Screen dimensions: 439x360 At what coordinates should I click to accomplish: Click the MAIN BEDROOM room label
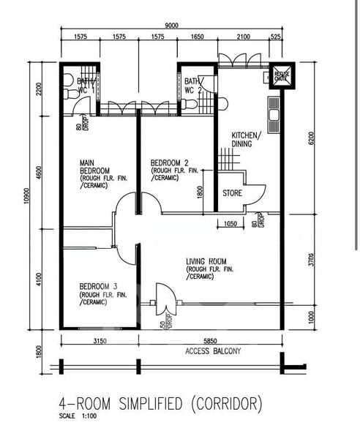(96, 168)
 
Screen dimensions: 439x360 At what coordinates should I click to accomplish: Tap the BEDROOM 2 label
(170, 162)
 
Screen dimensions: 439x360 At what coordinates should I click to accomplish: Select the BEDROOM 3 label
(99, 286)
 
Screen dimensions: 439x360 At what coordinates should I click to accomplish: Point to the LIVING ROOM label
(206, 261)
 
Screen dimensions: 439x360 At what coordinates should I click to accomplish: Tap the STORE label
(233, 194)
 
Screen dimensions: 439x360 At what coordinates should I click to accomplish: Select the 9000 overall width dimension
(171, 25)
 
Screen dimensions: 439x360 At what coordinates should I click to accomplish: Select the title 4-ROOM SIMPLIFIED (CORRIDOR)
(160, 404)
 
